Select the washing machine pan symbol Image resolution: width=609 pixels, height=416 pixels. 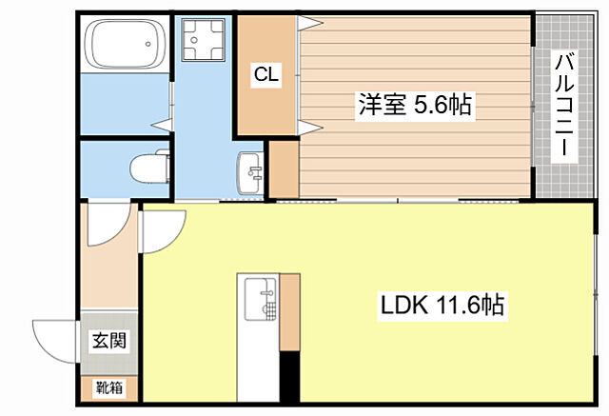point(201,39)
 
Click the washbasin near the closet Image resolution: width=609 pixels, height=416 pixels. point(250,171)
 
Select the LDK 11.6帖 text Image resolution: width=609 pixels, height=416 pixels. point(442,307)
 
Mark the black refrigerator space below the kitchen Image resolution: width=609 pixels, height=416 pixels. point(289,380)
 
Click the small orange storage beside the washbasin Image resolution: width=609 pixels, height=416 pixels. point(284,169)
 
